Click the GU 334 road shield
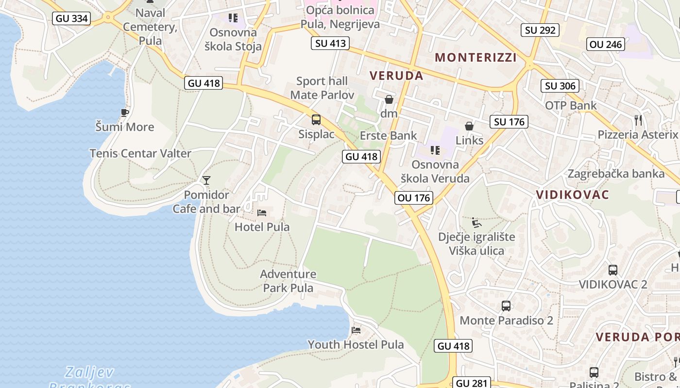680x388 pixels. point(72,18)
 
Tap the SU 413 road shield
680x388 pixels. point(331,43)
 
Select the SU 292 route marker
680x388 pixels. point(540,30)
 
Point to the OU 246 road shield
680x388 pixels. point(605,45)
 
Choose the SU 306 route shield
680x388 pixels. point(560,86)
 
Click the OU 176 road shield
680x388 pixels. point(414,197)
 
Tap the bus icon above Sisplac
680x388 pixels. point(316,119)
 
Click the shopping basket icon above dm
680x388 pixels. point(389,100)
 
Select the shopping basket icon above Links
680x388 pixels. point(469,126)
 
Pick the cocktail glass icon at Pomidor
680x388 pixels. point(206,180)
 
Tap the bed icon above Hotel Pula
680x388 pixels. point(262,212)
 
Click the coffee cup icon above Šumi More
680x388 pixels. point(125,113)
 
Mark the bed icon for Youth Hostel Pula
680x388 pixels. point(356,330)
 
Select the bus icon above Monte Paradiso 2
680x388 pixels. point(506,306)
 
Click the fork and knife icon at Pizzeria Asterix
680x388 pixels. point(638,120)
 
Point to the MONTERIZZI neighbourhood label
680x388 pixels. point(476,57)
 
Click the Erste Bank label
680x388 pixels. point(388,135)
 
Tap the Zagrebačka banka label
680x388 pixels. point(616,173)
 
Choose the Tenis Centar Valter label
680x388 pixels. point(140,153)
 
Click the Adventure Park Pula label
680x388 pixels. point(288,281)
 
